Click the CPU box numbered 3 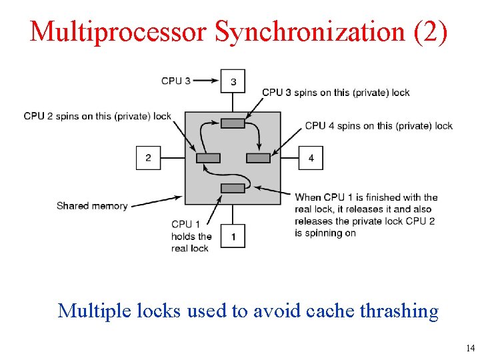[x=233, y=82]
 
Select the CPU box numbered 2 [x=148, y=158]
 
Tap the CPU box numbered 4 [x=311, y=158]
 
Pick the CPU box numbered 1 [x=233, y=236]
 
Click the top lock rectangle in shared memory [x=233, y=123]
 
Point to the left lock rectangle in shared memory [x=208, y=158]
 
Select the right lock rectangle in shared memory [x=258, y=158]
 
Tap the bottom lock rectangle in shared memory [x=233, y=188]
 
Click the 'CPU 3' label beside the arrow [x=175, y=81]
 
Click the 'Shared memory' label [x=92, y=206]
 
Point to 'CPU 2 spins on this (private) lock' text [x=97, y=116]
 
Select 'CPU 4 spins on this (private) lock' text [x=379, y=125]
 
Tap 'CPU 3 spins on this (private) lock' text [x=336, y=93]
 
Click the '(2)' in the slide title [x=431, y=31]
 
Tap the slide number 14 [x=471, y=348]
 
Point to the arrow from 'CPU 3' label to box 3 [x=205, y=81]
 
